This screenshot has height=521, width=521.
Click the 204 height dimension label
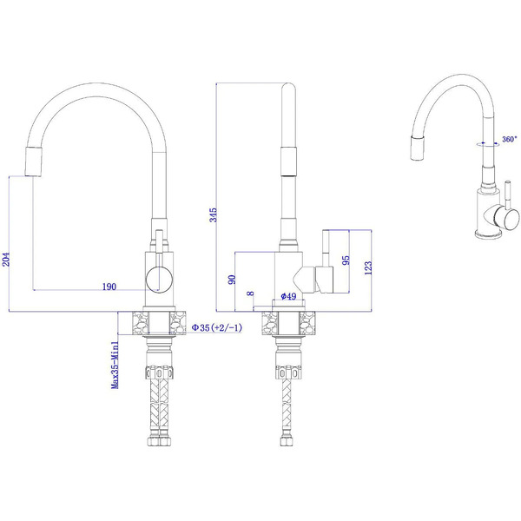coord(8,260)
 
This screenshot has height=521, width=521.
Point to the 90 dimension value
coord(232,279)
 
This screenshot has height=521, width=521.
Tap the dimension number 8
coord(251,295)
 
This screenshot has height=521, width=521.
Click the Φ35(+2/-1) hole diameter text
coord(216,327)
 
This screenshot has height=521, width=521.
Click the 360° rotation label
coord(509,139)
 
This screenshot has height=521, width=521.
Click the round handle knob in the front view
coord(157,279)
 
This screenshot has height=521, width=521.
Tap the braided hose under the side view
coord(289,408)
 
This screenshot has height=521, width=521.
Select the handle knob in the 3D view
coord(496,216)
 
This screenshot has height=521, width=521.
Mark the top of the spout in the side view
coord(289,87)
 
